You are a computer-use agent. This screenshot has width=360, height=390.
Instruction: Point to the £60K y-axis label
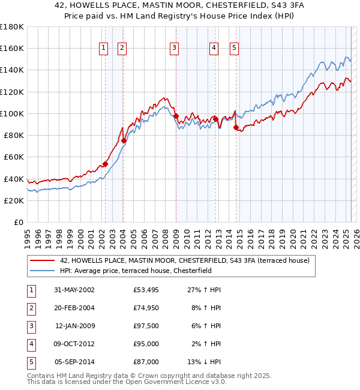(13, 157)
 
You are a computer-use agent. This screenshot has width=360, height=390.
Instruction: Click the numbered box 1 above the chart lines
(104, 48)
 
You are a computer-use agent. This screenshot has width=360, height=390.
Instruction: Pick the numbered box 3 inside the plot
(174, 48)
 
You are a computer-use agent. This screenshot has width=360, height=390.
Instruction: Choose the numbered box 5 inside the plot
(234, 48)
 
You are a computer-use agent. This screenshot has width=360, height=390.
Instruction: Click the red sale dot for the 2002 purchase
(105, 164)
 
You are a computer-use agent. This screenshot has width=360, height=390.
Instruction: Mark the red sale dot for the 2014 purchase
(236, 127)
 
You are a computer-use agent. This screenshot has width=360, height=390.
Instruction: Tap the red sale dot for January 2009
(176, 116)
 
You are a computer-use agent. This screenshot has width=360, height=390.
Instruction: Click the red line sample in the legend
(42, 260)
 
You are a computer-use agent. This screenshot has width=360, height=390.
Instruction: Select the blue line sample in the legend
(42, 271)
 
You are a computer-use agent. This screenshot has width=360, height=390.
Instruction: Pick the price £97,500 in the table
(146, 326)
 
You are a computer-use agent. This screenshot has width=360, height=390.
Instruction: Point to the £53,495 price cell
(146, 290)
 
